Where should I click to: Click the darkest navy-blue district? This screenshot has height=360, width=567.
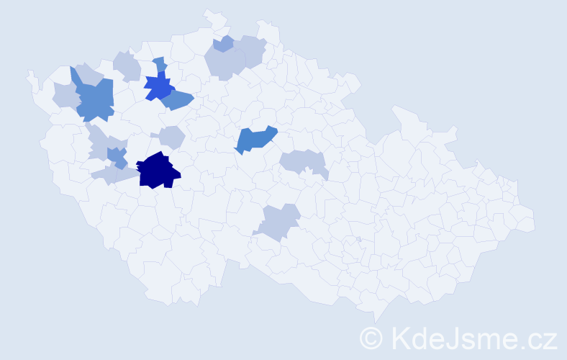(157, 171)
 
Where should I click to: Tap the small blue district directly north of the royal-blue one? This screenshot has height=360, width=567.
(160, 64)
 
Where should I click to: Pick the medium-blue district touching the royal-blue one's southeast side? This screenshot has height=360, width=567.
(178, 100)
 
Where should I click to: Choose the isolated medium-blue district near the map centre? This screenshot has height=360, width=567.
(255, 139)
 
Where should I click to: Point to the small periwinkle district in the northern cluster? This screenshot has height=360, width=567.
(224, 44)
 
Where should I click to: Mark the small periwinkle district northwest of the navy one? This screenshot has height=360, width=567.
(116, 155)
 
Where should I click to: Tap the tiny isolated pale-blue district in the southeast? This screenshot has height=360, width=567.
(358, 239)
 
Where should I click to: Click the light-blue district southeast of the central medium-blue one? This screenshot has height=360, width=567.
(302, 161)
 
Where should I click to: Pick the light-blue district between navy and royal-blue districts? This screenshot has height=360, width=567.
(172, 136)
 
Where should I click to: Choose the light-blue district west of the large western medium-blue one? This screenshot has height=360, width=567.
(65, 94)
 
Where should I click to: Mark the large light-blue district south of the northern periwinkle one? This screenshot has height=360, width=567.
(224, 65)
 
